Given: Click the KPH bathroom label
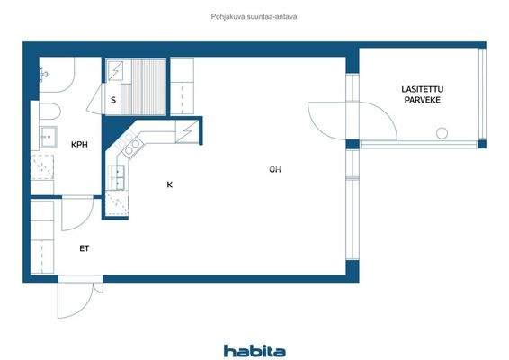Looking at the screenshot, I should [x=80, y=144].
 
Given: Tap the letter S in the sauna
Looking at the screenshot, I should [x=112, y=100].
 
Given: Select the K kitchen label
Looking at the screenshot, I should [x=168, y=185].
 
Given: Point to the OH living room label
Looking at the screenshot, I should [x=274, y=169].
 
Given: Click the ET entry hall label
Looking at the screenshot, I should [x=84, y=247].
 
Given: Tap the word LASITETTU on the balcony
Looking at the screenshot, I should [x=423, y=88].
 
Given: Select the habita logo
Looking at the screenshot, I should [x=254, y=350].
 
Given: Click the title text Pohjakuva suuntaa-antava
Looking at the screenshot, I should [x=254, y=15].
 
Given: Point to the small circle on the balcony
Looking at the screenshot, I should [x=442, y=133].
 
